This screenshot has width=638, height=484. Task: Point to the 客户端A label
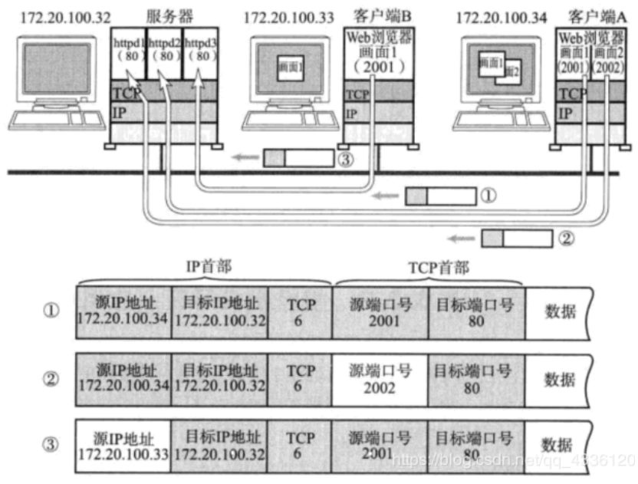(594, 15)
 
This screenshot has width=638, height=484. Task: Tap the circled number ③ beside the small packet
(345, 159)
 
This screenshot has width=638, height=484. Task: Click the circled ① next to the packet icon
(488, 196)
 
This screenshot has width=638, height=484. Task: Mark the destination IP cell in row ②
(219, 380)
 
